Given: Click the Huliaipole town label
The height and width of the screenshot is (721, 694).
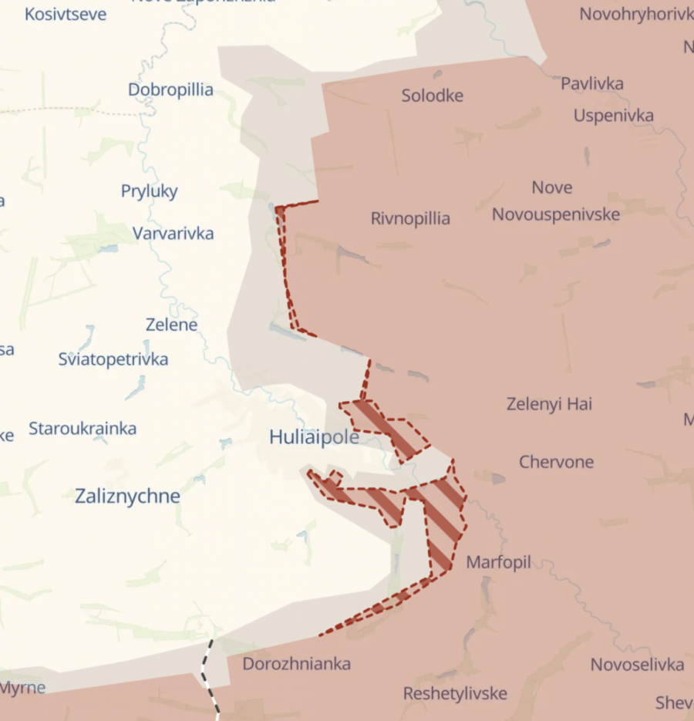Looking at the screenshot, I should pyautogui.click(x=314, y=437).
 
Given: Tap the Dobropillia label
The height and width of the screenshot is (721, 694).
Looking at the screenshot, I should pyautogui.click(x=170, y=90).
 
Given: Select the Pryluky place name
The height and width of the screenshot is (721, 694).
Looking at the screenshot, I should pyautogui.click(x=149, y=191).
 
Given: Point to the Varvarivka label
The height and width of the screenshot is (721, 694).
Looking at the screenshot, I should pyautogui.click(x=173, y=234).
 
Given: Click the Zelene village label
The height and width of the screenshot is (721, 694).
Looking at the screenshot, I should pyautogui.click(x=171, y=325).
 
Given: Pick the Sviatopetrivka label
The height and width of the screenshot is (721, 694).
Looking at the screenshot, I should pyautogui.click(x=113, y=359).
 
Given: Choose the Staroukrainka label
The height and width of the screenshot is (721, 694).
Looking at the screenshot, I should pyautogui.click(x=83, y=429).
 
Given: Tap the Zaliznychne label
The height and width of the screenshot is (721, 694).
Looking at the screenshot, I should pyautogui.click(x=127, y=497).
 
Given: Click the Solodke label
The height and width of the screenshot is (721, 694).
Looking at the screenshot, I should pyautogui.click(x=432, y=96).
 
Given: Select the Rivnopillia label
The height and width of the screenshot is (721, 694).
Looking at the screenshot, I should pyautogui.click(x=410, y=219).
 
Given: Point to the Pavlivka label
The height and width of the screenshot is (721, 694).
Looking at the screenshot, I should pyautogui.click(x=592, y=84).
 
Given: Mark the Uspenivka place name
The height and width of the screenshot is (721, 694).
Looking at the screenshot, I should pyautogui.click(x=613, y=116).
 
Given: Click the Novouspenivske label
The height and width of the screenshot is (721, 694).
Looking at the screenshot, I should pyautogui.click(x=555, y=214).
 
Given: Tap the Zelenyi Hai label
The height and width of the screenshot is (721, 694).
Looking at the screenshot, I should pyautogui.click(x=549, y=404).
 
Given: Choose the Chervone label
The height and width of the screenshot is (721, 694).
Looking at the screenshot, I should pyautogui.click(x=556, y=463).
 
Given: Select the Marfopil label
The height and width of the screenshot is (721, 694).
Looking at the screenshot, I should pyautogui.click(x=498, y=563).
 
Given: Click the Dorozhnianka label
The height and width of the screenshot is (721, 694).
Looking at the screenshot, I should pyautogui.click(x=296, y=664).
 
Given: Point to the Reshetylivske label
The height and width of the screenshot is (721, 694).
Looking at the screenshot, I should pyautogui.click(x=455, y=694).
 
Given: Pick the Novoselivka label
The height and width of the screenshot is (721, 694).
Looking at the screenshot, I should pyautogui.click(x=637, y=665).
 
